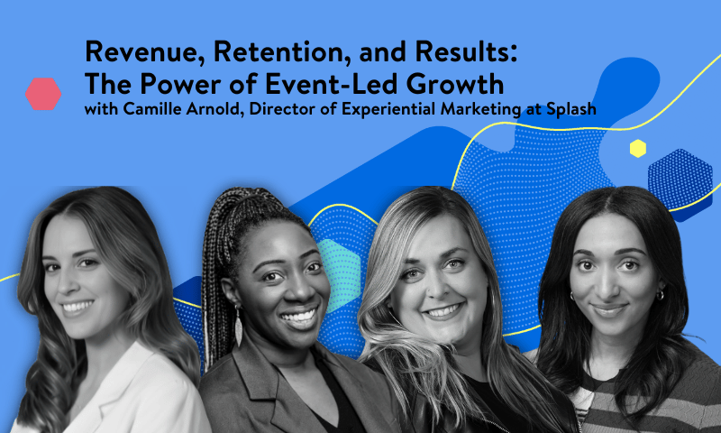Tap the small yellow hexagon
pos(638,149)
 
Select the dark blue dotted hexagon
pos(680,180)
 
